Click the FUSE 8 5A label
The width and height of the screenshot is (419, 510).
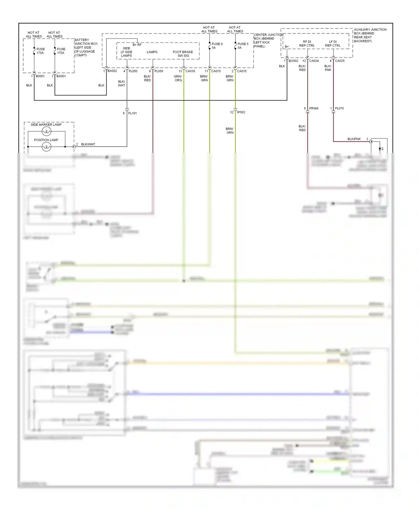217,46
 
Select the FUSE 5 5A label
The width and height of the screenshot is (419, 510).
243,46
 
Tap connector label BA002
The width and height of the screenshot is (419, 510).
112,71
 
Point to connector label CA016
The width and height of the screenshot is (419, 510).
190,71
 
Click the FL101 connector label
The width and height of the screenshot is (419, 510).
132,113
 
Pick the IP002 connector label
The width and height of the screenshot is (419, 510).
241,112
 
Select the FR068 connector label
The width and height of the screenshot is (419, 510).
314,109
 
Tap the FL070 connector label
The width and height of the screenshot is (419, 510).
339,109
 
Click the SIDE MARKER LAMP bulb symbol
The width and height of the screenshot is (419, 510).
46,131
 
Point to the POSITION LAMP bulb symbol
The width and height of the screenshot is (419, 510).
46,146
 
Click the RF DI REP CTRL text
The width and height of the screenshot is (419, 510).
307,44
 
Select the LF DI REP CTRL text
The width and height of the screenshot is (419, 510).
333,44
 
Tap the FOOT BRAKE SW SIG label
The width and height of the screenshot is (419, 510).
183,54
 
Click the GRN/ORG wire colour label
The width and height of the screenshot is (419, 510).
178,78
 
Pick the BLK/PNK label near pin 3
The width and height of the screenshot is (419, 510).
354,139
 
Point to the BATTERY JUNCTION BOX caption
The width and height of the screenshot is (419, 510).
86,47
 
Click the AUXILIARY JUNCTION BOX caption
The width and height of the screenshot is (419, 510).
370,35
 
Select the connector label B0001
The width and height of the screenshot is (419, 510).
40,76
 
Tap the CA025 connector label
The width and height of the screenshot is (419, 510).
340,61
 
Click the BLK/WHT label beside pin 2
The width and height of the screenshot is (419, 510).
88,145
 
